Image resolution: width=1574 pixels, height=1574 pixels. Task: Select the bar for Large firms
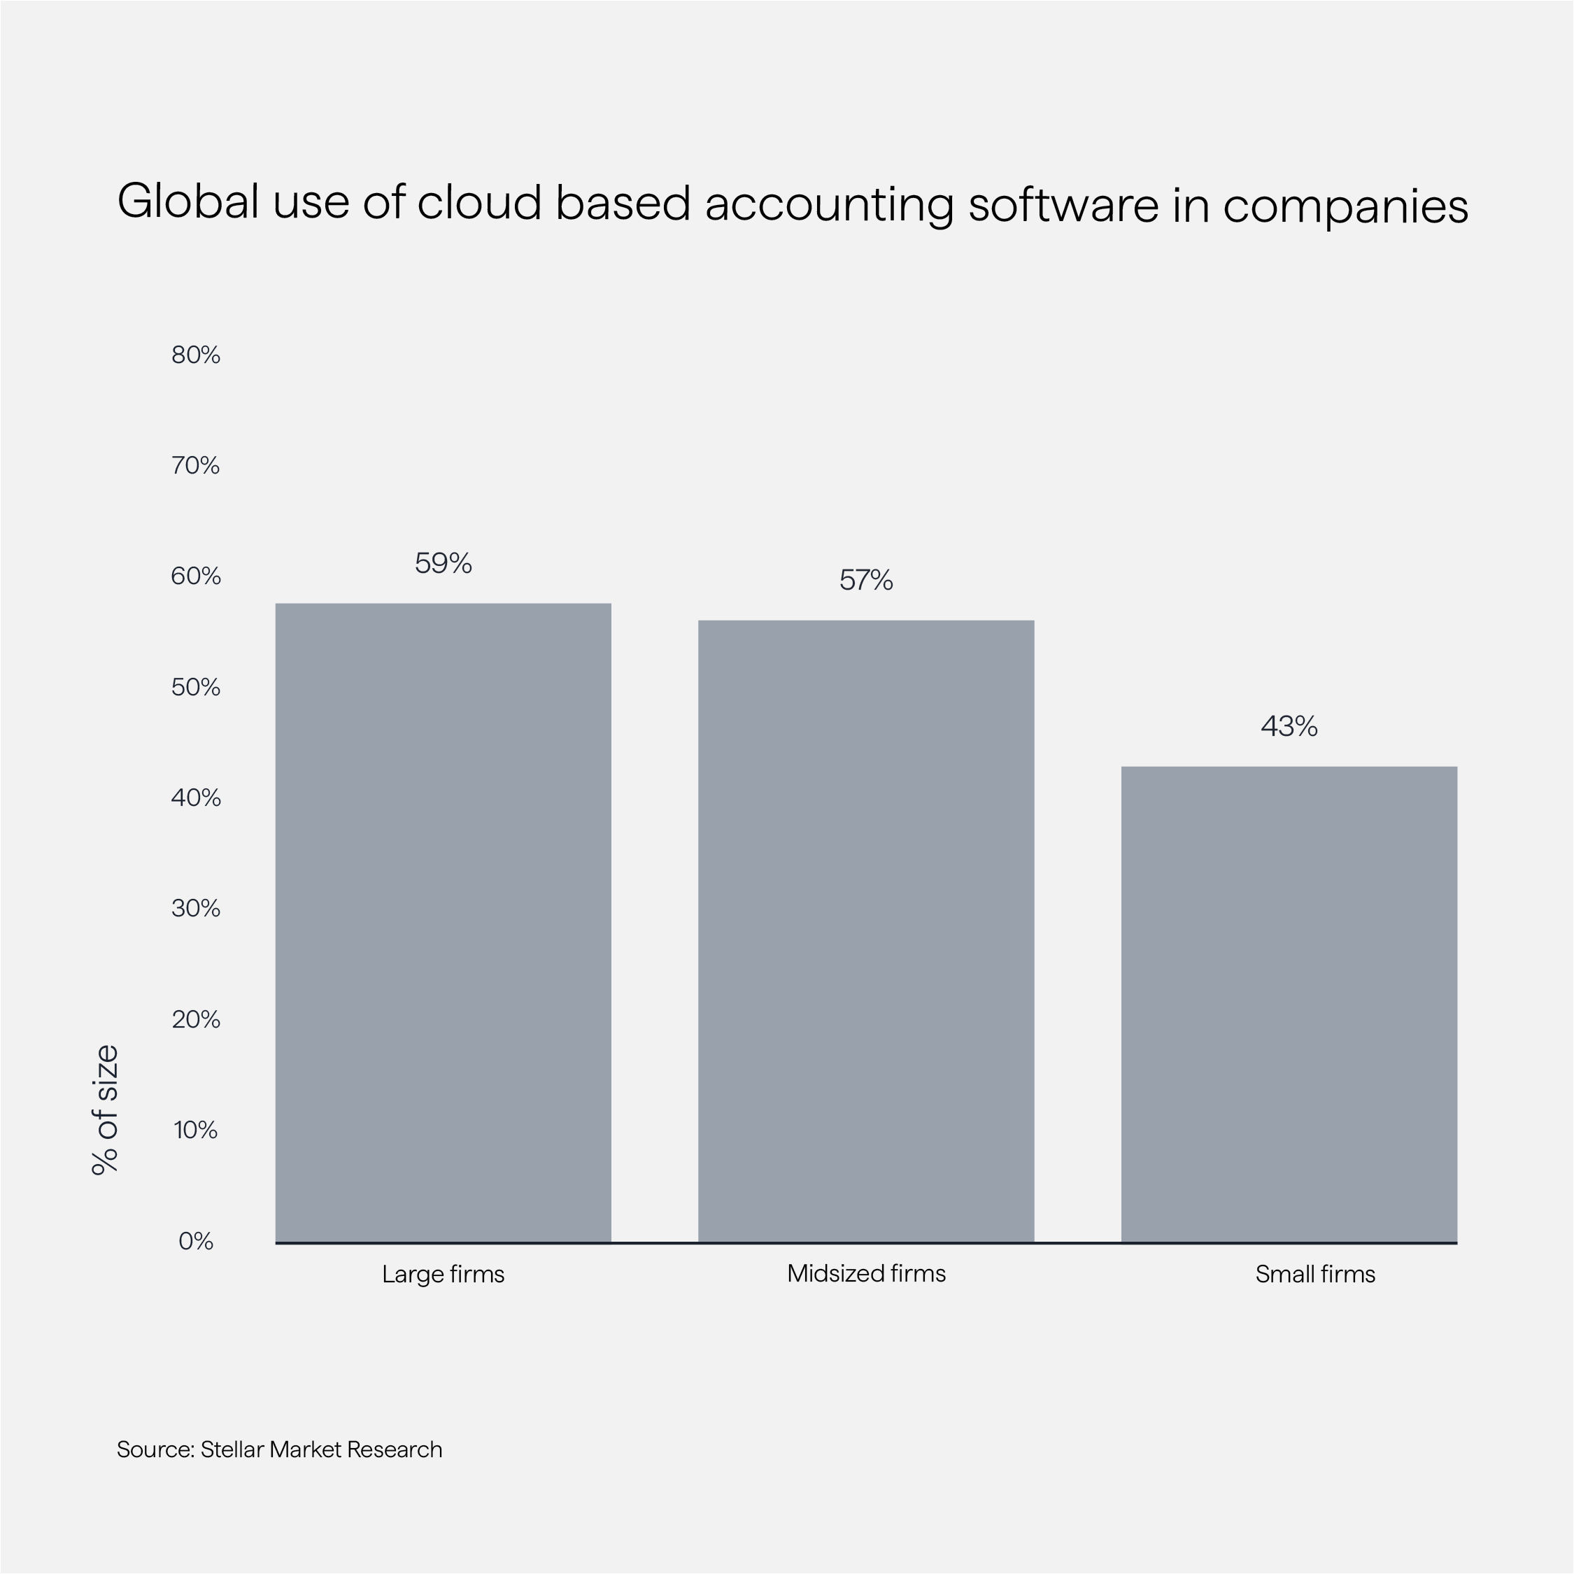point(444,922)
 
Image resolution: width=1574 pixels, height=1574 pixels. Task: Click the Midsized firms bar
point(866,931)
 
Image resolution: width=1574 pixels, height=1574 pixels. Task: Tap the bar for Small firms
point(1289,1004)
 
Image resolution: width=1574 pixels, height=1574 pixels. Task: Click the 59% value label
point(444,563)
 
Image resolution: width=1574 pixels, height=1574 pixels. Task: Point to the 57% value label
point(866,580)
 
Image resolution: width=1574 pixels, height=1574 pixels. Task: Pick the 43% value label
point(1289,726)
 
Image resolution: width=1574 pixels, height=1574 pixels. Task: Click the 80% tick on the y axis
point(196,355)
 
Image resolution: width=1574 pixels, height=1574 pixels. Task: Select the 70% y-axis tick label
point(196,466)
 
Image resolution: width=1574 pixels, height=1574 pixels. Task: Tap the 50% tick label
point(196,688)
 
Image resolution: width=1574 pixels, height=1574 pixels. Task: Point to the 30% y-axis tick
point(196,909)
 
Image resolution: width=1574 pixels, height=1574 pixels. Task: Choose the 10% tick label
point(196,1130)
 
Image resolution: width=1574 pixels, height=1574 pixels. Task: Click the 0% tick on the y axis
point(196,1241)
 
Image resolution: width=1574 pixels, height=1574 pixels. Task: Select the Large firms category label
point(444,1274)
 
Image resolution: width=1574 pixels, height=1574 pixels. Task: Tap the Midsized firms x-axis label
point(866,1273)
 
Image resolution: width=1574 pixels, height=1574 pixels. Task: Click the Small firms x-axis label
point(1315,1274)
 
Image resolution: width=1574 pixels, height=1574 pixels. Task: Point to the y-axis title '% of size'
point(105,1109)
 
